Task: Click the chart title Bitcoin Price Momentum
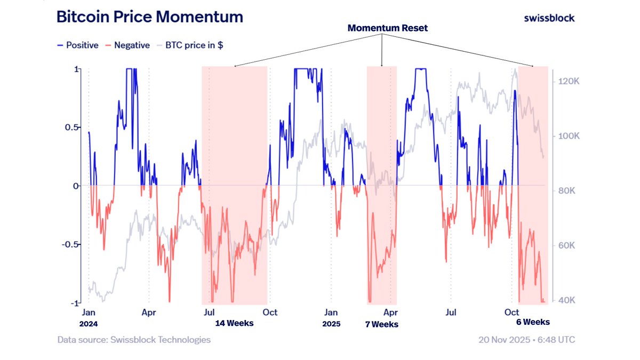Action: pos(150,17)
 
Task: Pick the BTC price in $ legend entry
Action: pos(193,45)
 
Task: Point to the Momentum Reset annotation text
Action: pos(387,28)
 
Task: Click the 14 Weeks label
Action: pos(234,323)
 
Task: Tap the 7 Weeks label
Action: pos(381,324)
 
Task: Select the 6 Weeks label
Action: pos(532,322)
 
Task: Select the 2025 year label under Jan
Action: pos(332,324)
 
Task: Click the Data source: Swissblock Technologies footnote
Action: pos(134,340)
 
